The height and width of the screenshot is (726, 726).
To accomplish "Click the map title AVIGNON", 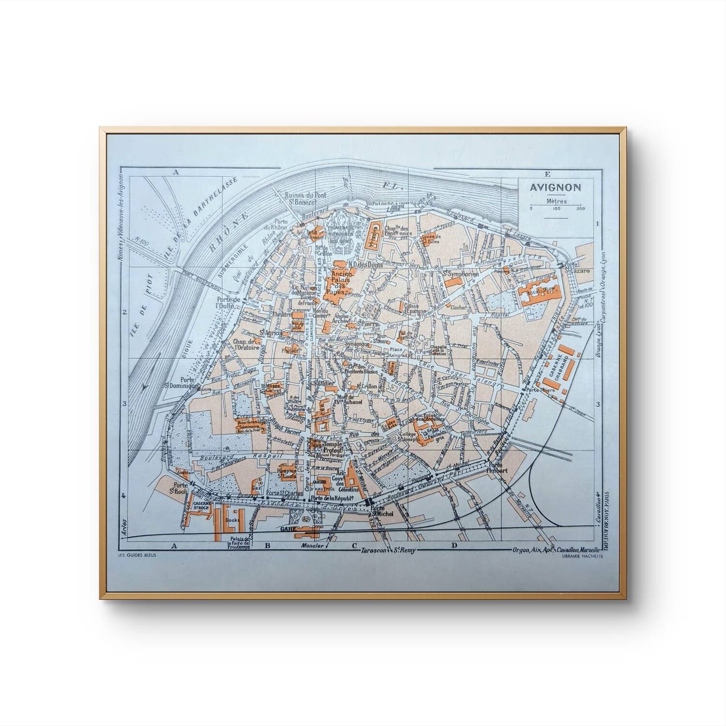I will [555, 188].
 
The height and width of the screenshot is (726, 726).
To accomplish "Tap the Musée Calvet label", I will [274, 389].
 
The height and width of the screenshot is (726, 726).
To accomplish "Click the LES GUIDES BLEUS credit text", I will [134, 555].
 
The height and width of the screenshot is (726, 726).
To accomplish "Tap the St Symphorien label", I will [460, 274].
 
